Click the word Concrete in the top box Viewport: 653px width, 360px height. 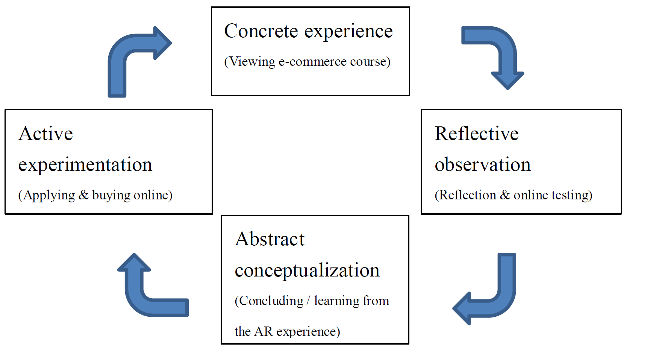pyautogui.click(x=261, y=31)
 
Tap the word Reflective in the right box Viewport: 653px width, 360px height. pyautogui.click(x=477, y=134)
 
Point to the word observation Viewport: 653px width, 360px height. pyautogui.click(x=483, y=164)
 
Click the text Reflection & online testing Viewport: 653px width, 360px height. pyautogui.click(x=514, y=195)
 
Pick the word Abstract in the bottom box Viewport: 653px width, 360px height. pyautogui.click(x=270, y=239)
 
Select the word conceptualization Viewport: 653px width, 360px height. pyautogui.click(x=307, y=270)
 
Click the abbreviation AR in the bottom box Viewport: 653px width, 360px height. pyautogui.click(x=263, y=331)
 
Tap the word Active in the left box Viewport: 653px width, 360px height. pyautogui.click(x=46, y=134)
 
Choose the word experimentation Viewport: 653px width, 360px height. pyautogui.click(x=85, y=165)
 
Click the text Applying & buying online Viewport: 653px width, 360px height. pyautogui.click(x=95, y=195)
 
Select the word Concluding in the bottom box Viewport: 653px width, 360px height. pyautogui.click(x=271, y=301)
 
